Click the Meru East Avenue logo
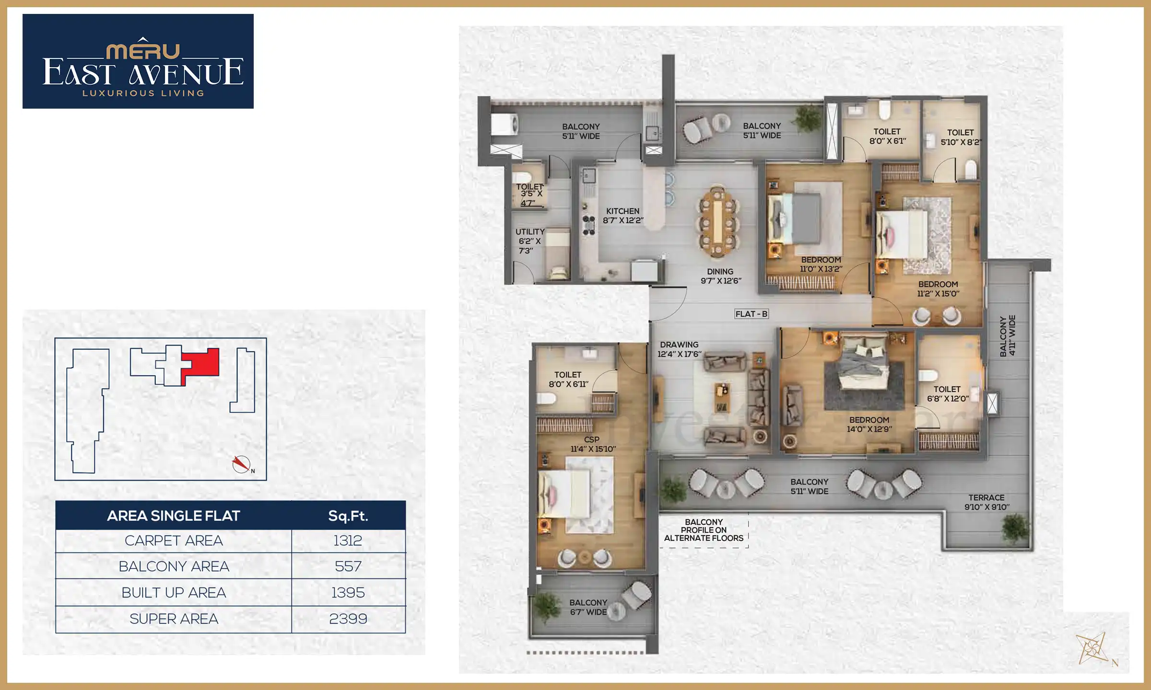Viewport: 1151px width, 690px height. point(138,61)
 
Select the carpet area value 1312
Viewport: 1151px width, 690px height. point(348,540)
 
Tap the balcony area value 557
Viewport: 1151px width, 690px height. point(348,566)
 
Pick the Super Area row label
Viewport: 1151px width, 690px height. point(174,619)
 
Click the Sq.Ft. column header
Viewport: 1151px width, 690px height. point(348,516)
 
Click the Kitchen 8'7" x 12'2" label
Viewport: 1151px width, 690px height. point(622,216)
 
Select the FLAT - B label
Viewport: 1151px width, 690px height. point(751,314)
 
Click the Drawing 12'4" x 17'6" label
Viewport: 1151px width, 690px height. point(679,349)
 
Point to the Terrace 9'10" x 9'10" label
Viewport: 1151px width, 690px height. point(987,502)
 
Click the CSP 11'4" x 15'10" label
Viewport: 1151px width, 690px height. point(593,444)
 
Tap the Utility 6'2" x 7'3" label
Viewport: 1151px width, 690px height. point(529,241)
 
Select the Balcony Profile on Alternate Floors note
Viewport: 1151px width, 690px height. point(704,530)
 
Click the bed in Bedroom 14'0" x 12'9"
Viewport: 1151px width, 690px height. point(863,369)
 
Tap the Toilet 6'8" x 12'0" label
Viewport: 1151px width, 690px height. point(947,394)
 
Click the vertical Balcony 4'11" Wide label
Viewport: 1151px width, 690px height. point(1007,335)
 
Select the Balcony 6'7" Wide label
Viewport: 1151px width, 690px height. point(588,607)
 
